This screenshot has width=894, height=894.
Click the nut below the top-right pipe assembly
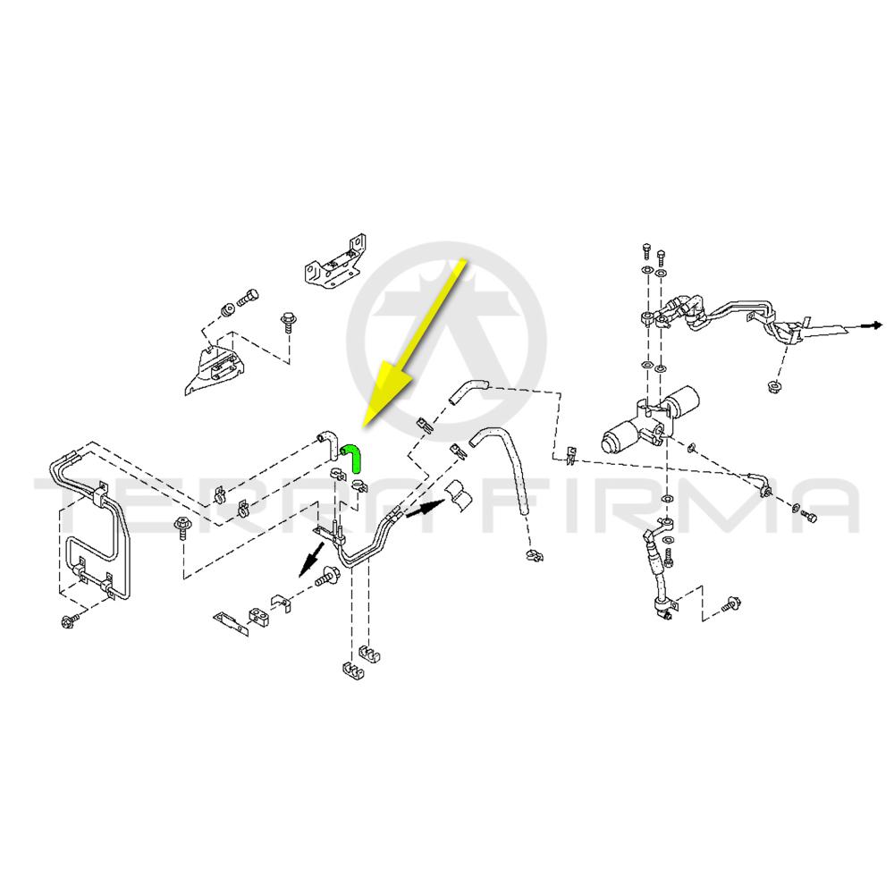pos(772,385)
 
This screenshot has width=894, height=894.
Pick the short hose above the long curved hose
pos(466,392)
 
